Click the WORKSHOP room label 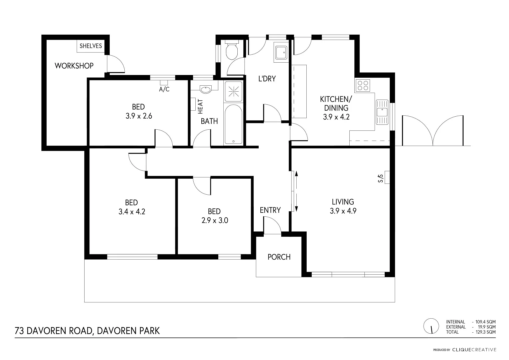[74, 66]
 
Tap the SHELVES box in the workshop [90, 46]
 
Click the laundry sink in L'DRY [280, 52]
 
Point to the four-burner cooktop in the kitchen [362, 85]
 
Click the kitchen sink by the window [382, 112]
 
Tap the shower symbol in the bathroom [233, 91]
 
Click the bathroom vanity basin [206, 89]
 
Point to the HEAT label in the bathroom [200, 106]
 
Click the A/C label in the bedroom [164, 89]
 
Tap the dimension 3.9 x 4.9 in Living [343, 211]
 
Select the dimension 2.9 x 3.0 [215, 220]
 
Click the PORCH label [279, 257]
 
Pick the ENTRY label [270, 210]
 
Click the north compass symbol [431, 326]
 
